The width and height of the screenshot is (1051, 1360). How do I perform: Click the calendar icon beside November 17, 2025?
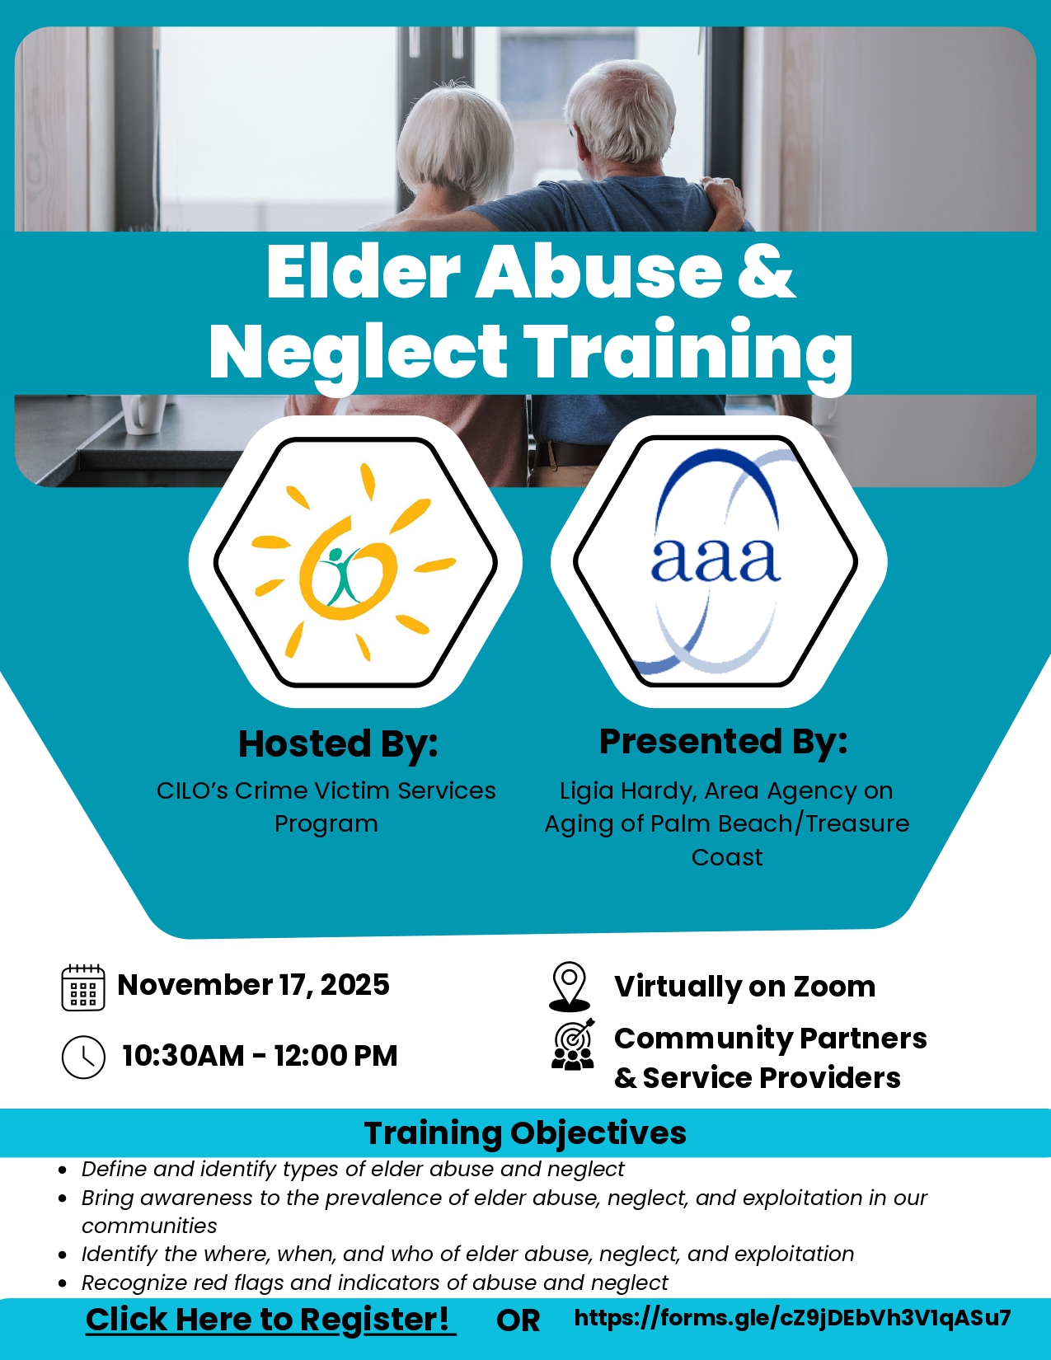pos(82,987)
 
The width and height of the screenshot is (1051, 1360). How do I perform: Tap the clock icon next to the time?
pos(83,1057)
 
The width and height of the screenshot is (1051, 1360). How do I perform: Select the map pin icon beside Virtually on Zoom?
pos(569,987)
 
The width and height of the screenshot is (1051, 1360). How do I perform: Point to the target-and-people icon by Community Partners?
pos(573,1044)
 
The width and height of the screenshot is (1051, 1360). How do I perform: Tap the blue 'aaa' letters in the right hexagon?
pos(716,560)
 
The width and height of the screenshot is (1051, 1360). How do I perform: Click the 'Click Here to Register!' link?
pos(270,1320)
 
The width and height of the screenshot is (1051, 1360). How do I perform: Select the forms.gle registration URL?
pos(792,1318)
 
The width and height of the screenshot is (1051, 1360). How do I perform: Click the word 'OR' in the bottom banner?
pos(518,1320)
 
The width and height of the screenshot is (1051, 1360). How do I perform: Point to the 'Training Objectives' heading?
pos(525,1133)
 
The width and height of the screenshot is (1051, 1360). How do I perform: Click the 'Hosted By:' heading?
pos(338,744)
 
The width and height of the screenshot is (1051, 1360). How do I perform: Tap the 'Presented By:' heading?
pos(724,742)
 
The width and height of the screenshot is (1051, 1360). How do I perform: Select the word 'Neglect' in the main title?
pos(358,351)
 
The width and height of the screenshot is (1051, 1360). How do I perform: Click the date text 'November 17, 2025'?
pos(254,984)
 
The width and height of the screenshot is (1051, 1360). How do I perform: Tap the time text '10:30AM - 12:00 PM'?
pos(260,1056)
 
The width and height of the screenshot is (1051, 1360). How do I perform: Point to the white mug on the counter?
pos(143,414)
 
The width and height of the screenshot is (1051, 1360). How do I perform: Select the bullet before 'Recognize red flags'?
pos(62,1283)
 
